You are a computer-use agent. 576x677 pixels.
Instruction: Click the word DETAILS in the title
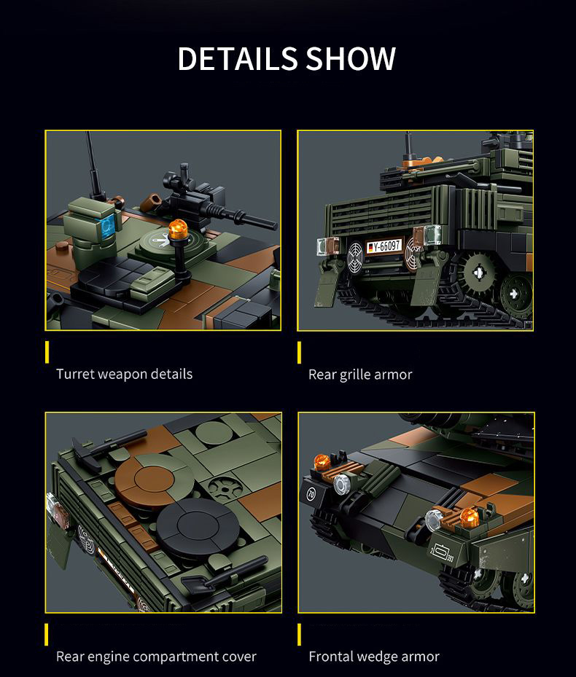pyautogui.click(x=237, y=59)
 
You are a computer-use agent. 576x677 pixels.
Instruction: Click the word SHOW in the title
pyautogui.click(x=351, y=59)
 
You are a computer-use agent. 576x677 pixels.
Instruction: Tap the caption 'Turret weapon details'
pyautogui.click(x=124, y=374)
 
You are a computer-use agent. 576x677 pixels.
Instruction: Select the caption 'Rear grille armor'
pyautogui.click(x=360, y=375)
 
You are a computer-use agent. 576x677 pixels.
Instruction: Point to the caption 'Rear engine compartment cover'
pyautogui.click(x=156, y=657)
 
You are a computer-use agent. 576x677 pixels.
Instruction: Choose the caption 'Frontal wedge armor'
pyautogui.click(x=374, y=657)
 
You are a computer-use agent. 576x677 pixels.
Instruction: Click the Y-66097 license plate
pyautogui.click(x=384, y=246)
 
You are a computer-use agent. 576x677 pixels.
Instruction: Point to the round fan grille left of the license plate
pyautogui.click(x=354, y=256)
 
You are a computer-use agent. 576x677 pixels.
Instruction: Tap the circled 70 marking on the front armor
pyautogui.click(x=311, y=494)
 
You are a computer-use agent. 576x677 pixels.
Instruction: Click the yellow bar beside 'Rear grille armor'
pyautogui.click(x=299, y=353)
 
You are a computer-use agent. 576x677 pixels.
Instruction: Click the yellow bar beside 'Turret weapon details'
pyautogui.click(x=47, y=352)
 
